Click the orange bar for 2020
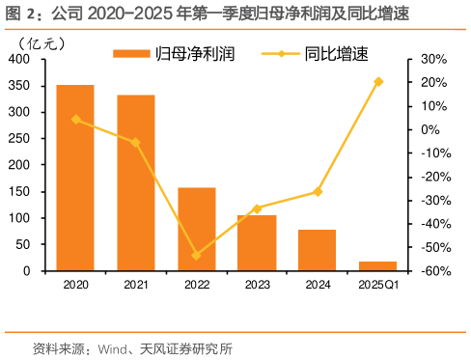(75, 178)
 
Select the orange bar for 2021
(136, 182)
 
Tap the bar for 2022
(197, 229)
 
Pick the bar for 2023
(257, 242)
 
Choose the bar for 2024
(318, 250)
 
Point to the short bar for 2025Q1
(377, 265)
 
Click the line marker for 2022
(197, 256)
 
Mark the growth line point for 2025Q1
(378, 81)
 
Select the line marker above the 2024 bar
(318, 191)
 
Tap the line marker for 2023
(257, 208)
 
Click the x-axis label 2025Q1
(377, 285)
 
